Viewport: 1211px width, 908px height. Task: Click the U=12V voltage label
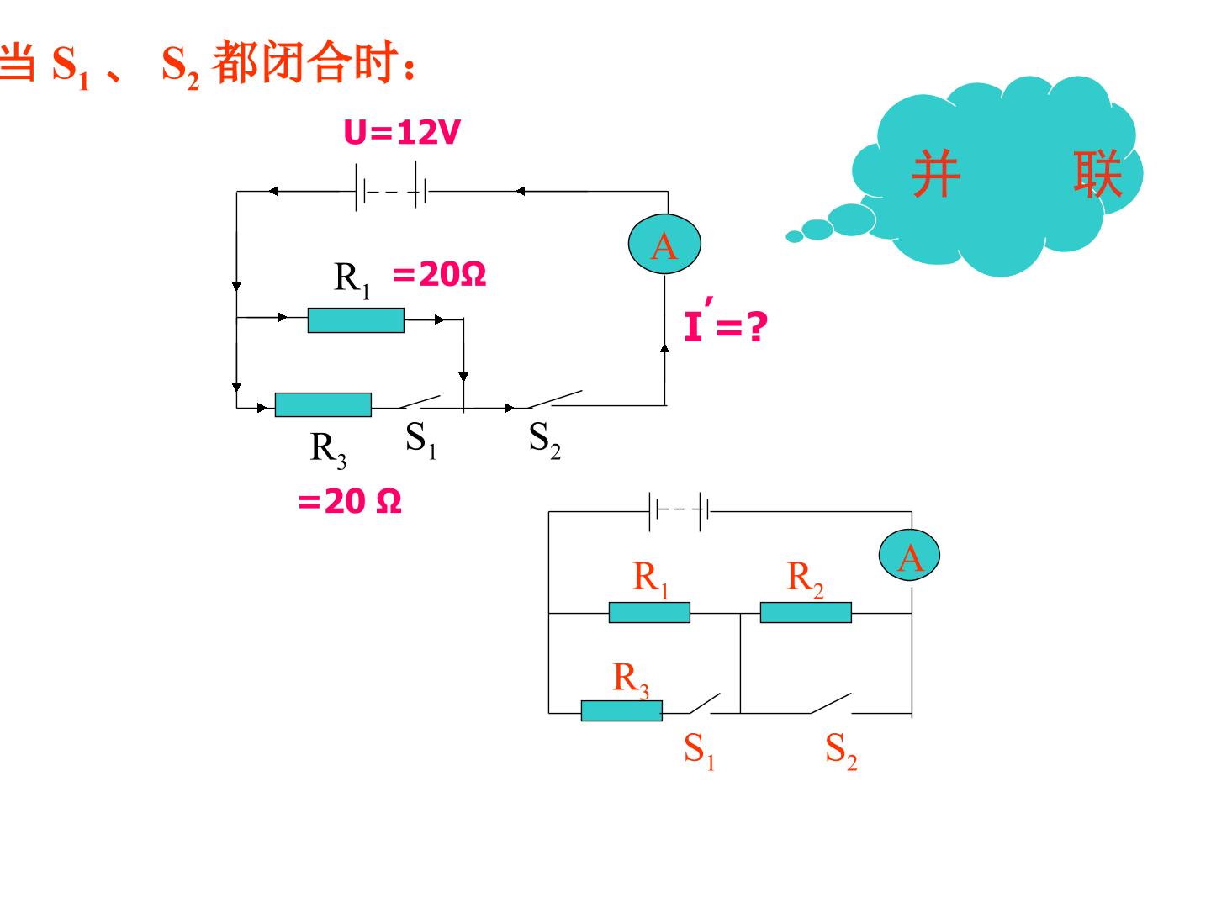[x=401, y=132]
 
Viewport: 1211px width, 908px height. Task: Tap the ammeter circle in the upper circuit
[x=664, y=244]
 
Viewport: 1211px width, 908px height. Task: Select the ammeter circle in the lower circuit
[x=908, y=555]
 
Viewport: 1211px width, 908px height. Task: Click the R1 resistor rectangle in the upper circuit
[x=356, y=320]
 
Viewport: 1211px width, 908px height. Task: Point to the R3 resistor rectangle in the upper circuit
[x=323, y=404]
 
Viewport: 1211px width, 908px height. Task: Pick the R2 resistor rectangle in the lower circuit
[x=806, y=613]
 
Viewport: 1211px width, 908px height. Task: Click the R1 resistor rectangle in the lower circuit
[x=649, y=613]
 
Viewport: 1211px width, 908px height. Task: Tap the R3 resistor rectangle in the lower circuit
[x=621, y=710]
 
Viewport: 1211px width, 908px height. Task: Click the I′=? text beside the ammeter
[x=726, y=321]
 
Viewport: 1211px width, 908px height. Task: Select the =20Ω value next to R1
[x=440, y=274]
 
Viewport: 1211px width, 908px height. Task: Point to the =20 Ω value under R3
[x=350, y=501]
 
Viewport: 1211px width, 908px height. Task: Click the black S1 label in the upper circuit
[x=421, y=440]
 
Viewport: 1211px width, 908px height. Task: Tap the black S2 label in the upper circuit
[x=545, y=440]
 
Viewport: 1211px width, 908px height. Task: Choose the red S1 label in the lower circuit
[x=699, y=750]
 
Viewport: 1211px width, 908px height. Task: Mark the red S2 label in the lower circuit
[x=841, y=750]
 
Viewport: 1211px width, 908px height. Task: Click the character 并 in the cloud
[x=936, y=174]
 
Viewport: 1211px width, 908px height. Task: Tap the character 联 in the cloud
[x=1098, y=174]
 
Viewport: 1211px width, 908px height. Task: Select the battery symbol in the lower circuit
[x=680, y=511]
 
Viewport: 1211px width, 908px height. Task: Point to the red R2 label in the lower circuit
[x=805, y=579]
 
